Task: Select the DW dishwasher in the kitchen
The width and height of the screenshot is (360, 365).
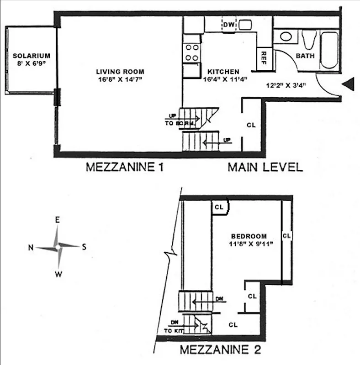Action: [228, 25]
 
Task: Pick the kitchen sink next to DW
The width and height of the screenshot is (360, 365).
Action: [245, 25]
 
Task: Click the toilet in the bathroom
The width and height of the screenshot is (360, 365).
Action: [307, 40]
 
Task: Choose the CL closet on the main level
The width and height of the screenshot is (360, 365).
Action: [251, 125]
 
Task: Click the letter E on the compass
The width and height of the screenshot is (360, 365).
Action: [58, 220]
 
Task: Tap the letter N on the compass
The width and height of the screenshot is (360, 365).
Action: [31, 247]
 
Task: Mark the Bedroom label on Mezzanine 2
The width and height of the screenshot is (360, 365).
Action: [249, 236]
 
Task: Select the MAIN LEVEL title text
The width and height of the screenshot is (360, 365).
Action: [265, 167]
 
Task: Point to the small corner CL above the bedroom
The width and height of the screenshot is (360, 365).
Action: [219, 207]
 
